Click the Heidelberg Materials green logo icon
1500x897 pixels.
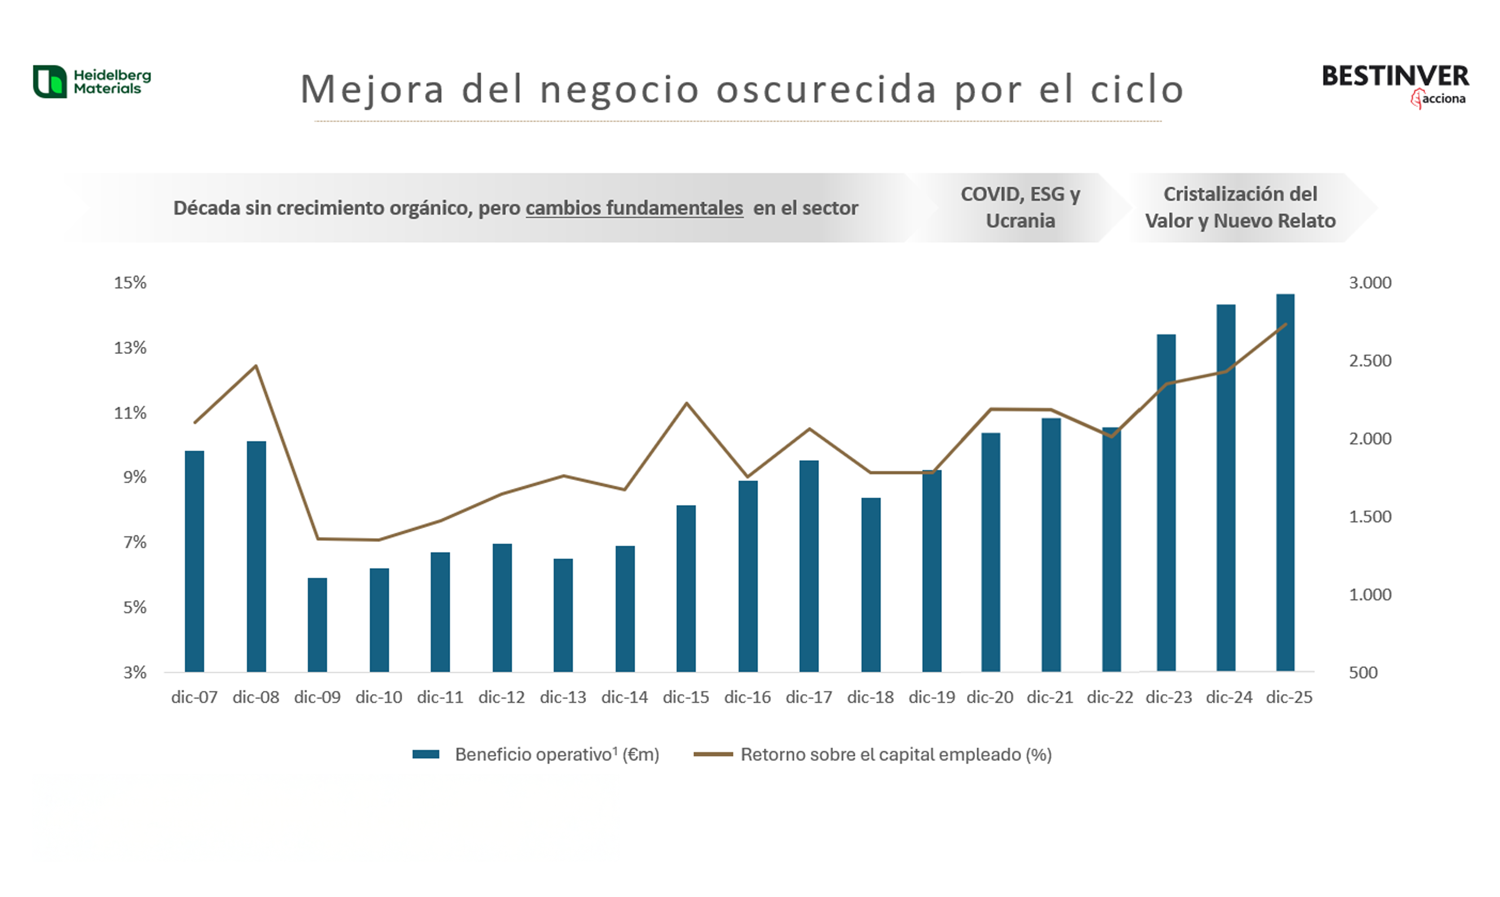(50, 82)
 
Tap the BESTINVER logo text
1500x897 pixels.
(1395, 77)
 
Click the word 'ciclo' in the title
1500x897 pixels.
(1137, 90)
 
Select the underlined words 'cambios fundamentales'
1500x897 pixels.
(634, 208)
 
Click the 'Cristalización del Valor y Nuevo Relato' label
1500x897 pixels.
(1240, 207)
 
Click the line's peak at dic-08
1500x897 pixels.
(256, 366)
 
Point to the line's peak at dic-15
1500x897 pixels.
(686, 403)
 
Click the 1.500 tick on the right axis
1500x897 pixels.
(1370, 517)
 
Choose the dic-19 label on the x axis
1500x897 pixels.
(932, 697)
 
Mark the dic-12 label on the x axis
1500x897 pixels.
(501, 697)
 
